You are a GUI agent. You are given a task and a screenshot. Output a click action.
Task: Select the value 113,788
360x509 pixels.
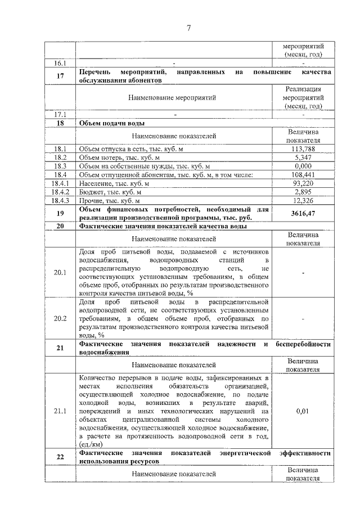[x=303, y=148]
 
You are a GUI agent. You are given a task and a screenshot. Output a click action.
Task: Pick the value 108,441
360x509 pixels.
[x=303, y=175]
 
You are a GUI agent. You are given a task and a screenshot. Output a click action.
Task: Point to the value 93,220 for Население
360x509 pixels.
[x=303, y=183]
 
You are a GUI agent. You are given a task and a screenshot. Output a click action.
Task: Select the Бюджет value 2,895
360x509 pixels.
[x=303, y=192]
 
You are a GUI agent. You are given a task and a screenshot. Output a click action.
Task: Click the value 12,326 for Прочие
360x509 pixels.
[x=303, y=200]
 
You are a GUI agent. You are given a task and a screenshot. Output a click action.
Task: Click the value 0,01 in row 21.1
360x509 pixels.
[x=303, y=411]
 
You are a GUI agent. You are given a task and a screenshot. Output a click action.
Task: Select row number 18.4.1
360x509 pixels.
[x=60, y=183]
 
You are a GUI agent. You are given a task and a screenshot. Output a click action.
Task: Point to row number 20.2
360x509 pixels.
[x=60, y=318]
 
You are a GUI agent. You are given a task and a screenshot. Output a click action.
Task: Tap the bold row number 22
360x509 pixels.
[x=60, y=457]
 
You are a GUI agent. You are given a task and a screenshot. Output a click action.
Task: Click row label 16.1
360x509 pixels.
[x=60, y=64]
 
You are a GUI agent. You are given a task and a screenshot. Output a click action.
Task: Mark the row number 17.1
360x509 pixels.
[x=60, y=115]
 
